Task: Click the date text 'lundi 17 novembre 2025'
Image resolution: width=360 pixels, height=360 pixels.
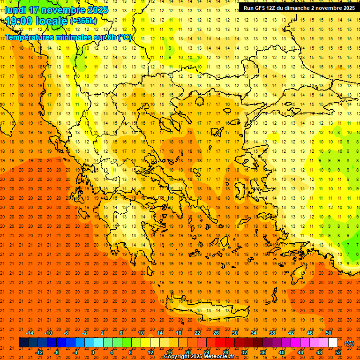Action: (56, 10)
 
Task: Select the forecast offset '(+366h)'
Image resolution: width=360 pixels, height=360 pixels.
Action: (83, 21)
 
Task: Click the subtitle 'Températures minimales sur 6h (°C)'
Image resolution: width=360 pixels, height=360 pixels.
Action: (68, 37)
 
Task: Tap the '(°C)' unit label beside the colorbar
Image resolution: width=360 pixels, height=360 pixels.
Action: (349, 343)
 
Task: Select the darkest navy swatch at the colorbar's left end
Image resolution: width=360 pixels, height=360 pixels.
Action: (23, 343)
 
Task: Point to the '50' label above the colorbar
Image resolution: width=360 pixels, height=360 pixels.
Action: (329, 333)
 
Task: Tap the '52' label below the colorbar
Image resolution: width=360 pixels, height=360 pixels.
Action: (338, 352)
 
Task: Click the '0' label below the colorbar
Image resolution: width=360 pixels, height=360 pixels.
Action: (93, 352)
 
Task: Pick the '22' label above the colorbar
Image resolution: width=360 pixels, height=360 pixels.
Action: (197, 333)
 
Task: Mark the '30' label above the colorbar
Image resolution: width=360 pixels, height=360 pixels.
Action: (235, 333)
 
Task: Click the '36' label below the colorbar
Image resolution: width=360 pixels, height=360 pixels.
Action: (263, 352)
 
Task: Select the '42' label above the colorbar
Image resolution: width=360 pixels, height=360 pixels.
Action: (291, 333)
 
